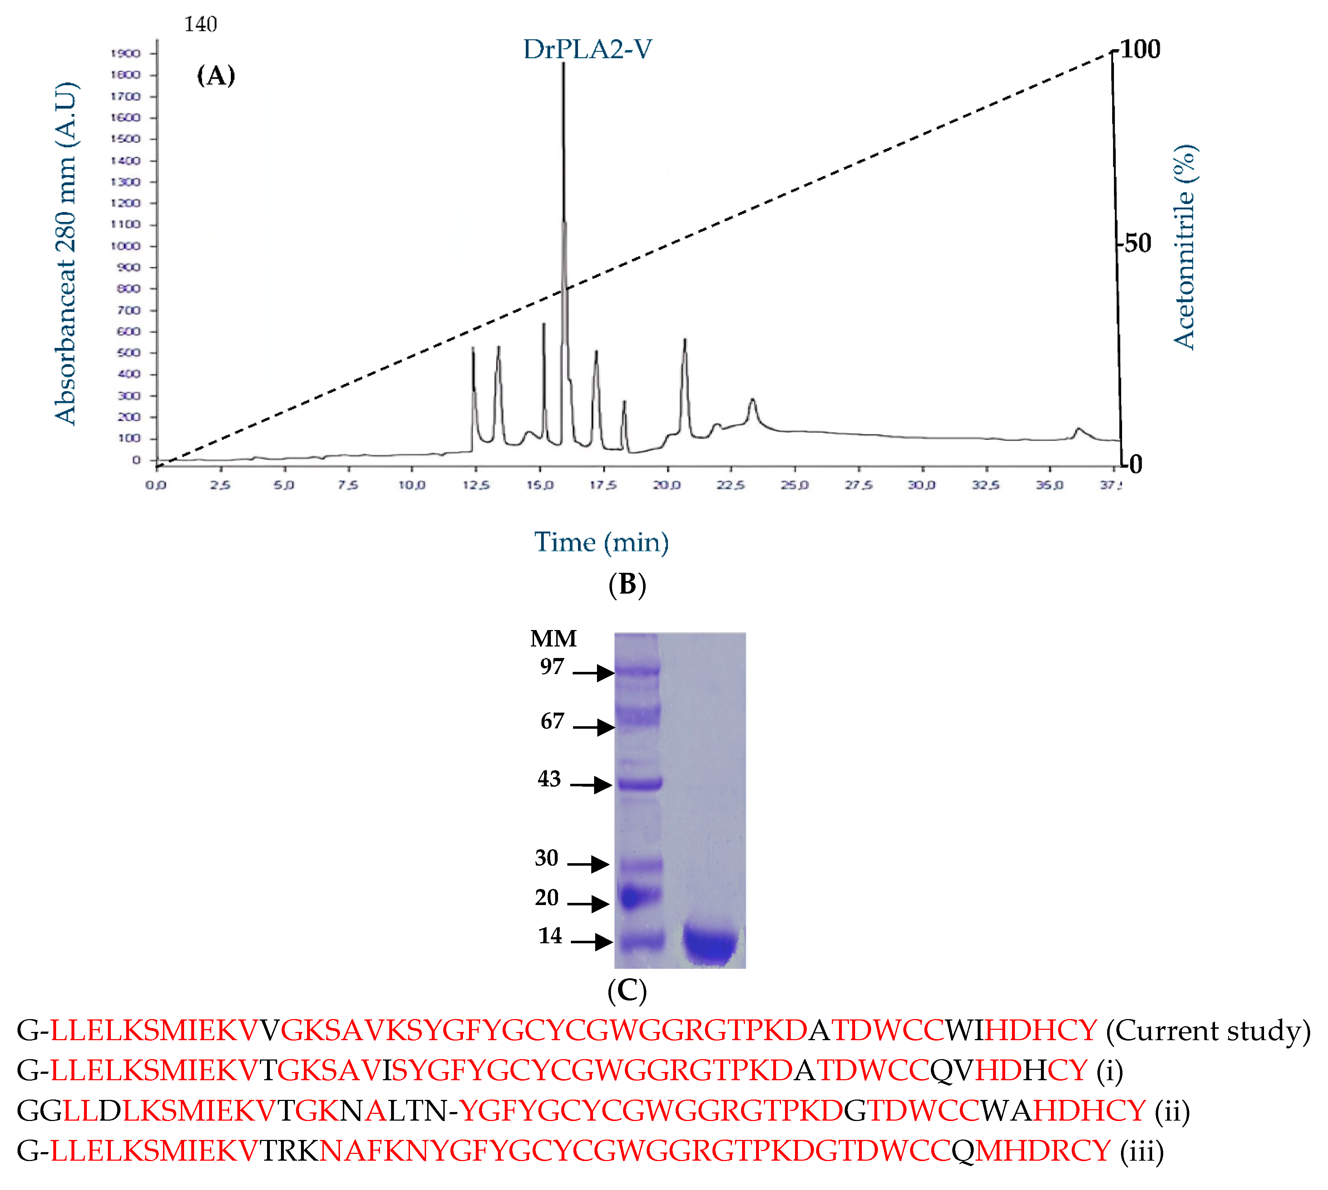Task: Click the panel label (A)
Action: coord(216,76)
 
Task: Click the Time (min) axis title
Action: coord(601,542)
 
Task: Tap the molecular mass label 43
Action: coord(549,779)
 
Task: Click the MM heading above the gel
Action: coord(553,638)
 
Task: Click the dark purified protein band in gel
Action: coord(710,945)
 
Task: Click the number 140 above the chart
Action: coord(201,24)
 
